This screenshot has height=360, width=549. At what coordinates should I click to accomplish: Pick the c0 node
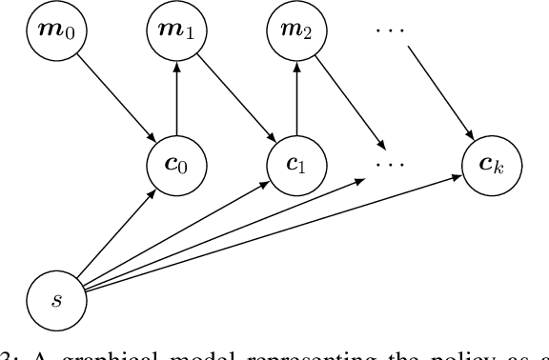coord(175,164)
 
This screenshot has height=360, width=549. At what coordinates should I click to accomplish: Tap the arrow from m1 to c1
coord(234,96)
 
